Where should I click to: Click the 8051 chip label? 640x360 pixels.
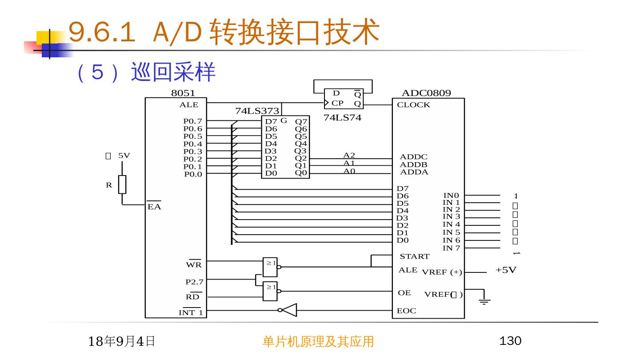tap(183, 93)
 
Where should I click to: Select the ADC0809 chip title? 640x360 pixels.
tap(426, 93)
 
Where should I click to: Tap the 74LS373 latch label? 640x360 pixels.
tap(257, 111)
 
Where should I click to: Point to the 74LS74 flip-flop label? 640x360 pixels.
tap(342, 118)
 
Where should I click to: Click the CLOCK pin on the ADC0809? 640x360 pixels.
tap(413, 105)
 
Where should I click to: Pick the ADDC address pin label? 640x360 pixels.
tap(413, 157)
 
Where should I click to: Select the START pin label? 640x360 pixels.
tap(414, 256)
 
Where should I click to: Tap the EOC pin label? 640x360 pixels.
tap(407, 311)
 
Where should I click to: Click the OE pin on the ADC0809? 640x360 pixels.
tap(404, 293)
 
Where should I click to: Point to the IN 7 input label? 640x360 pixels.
tap(451, 248)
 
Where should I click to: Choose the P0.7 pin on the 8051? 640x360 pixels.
tap(192, 121)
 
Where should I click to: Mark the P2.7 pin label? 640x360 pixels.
tap(194, 282)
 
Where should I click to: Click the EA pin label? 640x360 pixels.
tap(154, 207)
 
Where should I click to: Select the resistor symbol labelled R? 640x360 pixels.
tap(122, 184)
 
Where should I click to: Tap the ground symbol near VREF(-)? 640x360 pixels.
tap(484, 300)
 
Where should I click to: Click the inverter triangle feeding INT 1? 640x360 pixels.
tap(289, 310)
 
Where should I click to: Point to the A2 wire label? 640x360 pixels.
tap(349, 155)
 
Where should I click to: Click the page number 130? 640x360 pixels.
tap(510, 341)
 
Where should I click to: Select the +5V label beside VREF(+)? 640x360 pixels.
tap(506, 270)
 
